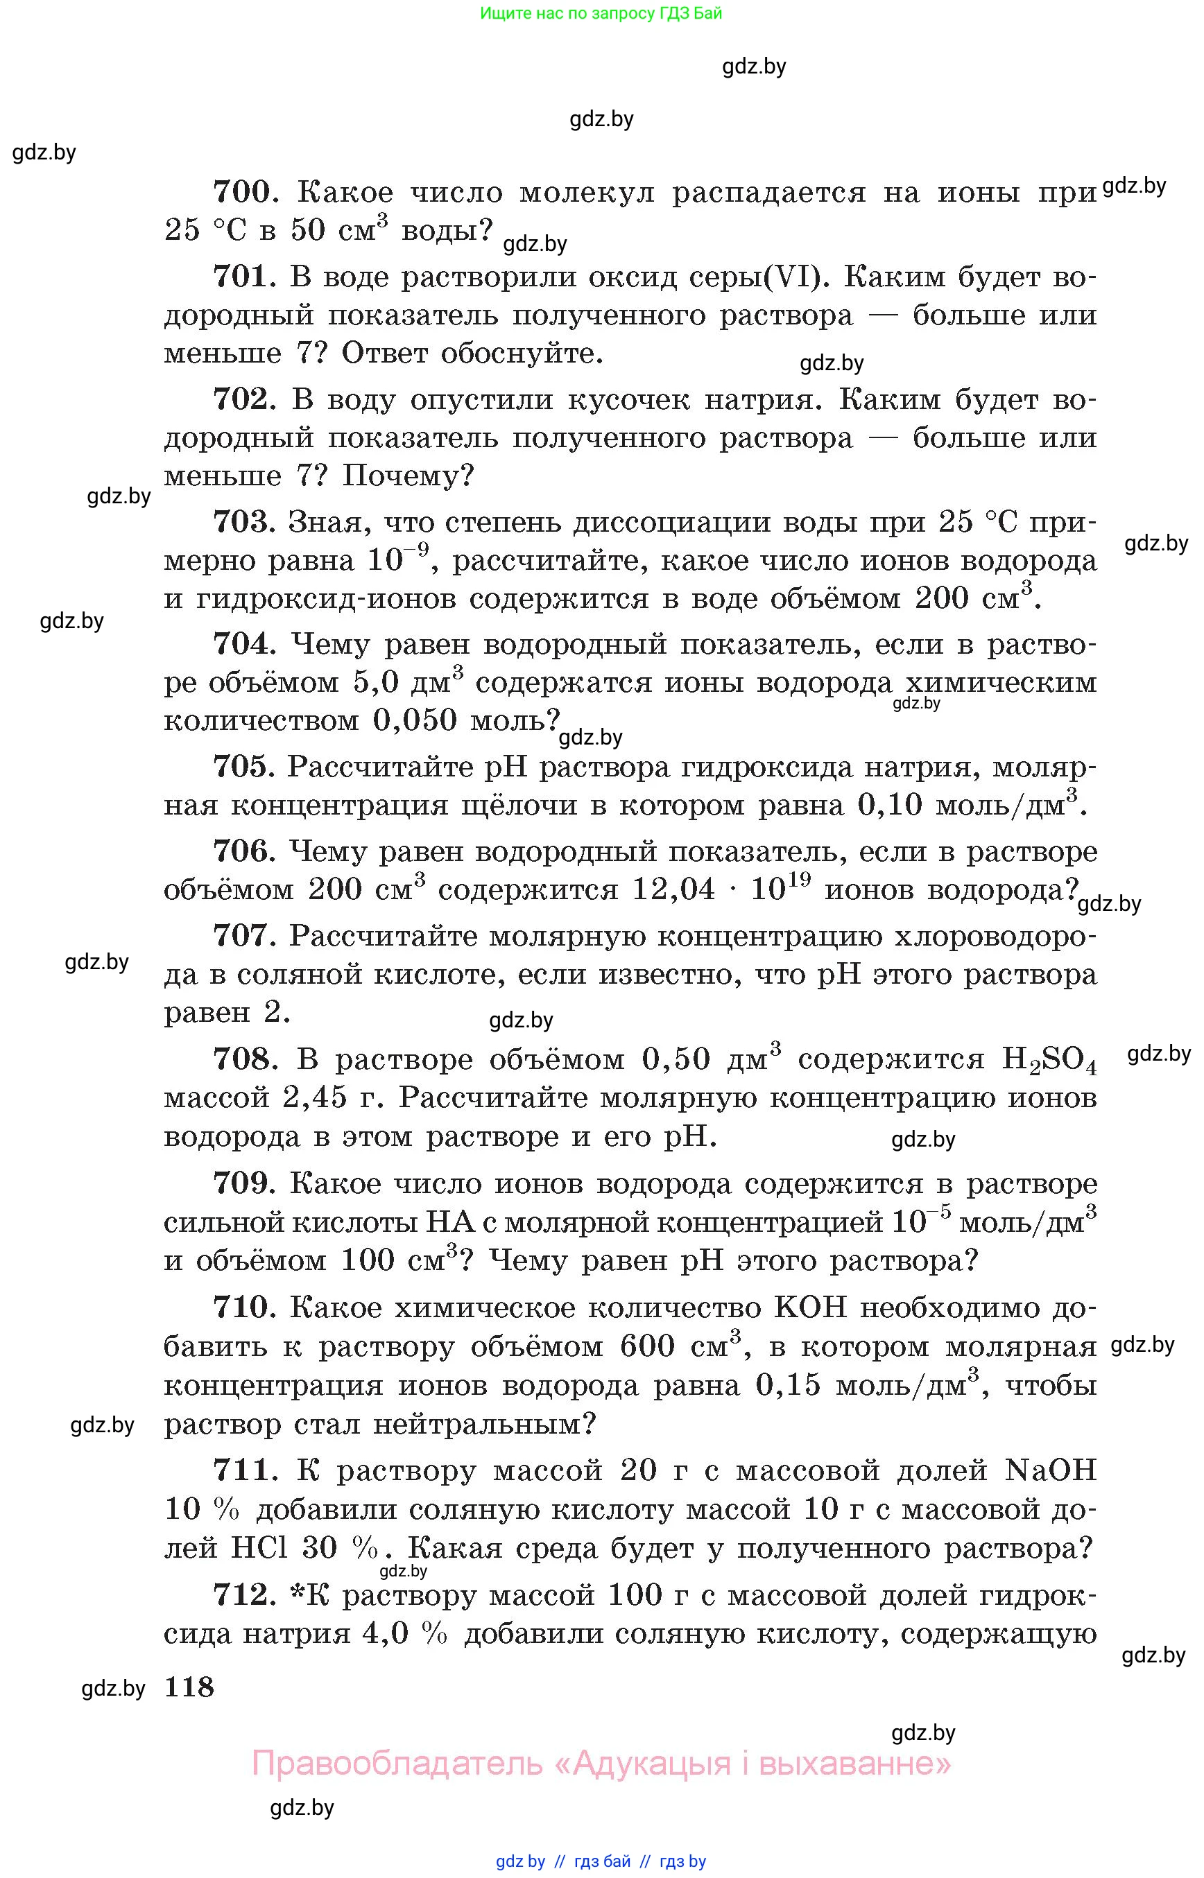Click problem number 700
pos(241,191)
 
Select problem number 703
pos(241,521)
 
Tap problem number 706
pos(241,851)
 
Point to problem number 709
pos(241,1183)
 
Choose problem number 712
pos(241,1594)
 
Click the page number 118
pos(189,1687)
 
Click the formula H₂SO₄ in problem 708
pos(1049,1060)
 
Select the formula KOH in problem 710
pos(810,1307)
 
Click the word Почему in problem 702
pos(408,475)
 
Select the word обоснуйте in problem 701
pos(522,354)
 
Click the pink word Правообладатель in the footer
pos(397,1763)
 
